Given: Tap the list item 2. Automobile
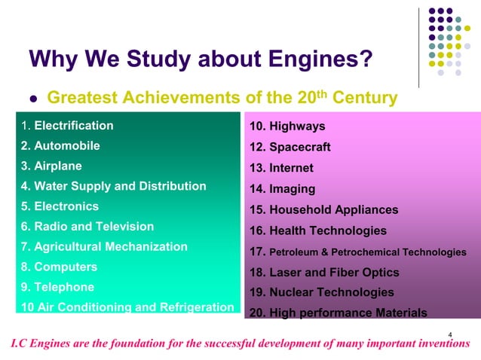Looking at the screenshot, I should (60, 146).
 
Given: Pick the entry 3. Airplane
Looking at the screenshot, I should (52, 166).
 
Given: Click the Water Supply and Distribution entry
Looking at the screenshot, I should (113, 186).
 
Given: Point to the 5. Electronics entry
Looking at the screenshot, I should (60, 206).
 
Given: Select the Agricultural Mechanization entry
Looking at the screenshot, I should (104, 247).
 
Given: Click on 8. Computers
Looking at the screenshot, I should (59, 267).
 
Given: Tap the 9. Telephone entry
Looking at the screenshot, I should (57, 287).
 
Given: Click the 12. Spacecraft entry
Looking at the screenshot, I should (290, 147).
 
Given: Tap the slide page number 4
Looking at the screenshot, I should (450, 333).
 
